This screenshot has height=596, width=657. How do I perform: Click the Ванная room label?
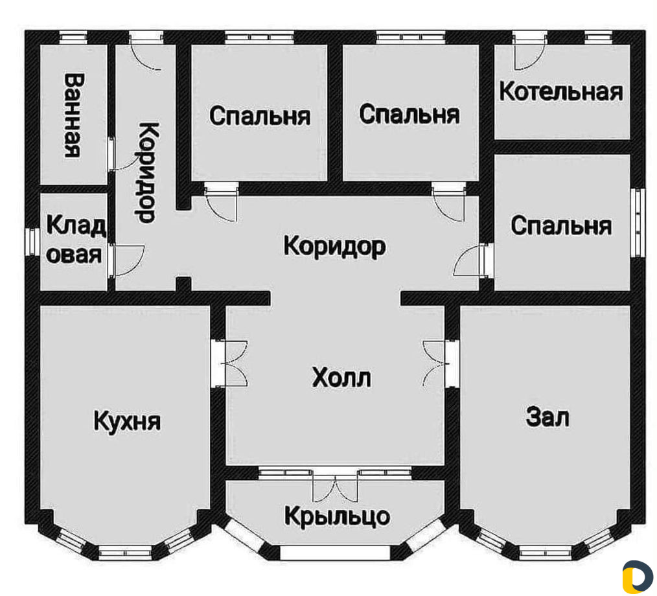(72, 115)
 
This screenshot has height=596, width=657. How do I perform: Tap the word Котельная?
(561, 92)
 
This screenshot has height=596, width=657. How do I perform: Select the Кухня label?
(127, 421)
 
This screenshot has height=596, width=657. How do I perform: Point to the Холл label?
(341, 378)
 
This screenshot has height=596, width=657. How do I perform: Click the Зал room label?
(547, 417)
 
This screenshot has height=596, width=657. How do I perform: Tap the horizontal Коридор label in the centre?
(334, 246)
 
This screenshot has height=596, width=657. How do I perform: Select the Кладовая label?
(75, 240)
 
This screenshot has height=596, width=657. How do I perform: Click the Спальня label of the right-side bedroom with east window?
(561, 225)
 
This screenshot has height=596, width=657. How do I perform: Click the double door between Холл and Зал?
(440, 363)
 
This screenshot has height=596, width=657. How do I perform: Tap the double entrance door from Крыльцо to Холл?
(336, 485)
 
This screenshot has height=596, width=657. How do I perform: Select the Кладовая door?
(127, 261)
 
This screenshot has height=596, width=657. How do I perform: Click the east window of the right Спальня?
(638, 222)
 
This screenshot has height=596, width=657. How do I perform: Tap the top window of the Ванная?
(73, 38)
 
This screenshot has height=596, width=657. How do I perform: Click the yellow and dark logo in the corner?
(638, 577)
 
